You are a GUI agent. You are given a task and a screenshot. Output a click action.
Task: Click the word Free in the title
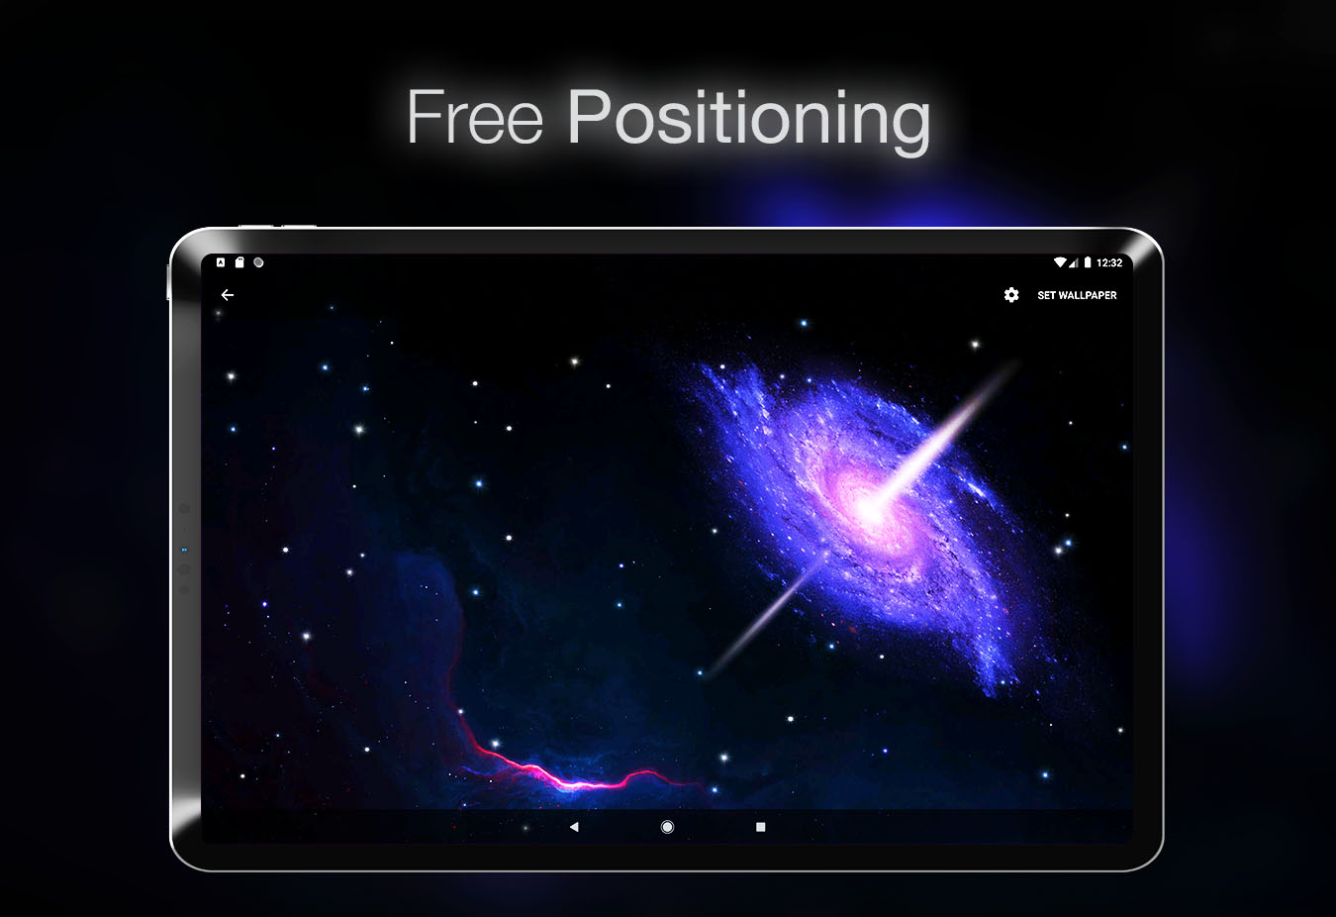(x=475, y=117)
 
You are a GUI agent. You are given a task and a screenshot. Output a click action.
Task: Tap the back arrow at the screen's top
(x=228, y=295)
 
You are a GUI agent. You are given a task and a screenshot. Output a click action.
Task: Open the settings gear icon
(x=1011, y=295)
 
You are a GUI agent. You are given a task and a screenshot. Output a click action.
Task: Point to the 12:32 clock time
(x=1109, y=262)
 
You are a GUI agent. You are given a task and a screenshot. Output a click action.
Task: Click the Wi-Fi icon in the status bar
(x=1059, y=262)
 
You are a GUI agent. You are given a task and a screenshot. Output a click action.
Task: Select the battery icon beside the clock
(x=1088, y=262)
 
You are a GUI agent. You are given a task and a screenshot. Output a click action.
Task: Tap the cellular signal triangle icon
(x=1074, y=262)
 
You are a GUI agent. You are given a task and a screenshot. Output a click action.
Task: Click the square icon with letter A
(x=221, y=262)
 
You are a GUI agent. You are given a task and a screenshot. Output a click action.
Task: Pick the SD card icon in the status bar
(x=239, y=262)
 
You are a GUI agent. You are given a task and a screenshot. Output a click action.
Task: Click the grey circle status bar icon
(x=259, y=262)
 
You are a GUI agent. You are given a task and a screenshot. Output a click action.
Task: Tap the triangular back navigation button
(x=574, y=827)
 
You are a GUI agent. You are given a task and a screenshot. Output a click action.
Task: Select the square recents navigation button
(x=760, y=827)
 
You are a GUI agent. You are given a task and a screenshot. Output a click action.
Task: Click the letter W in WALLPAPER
(x=1064, y=295)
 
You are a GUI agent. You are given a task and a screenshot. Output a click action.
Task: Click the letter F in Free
(x=426, y=117)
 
